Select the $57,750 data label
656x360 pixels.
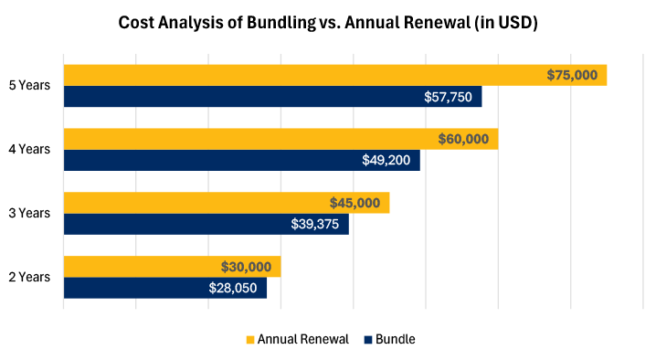click(x=448, y=96)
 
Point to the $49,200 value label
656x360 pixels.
click(x=386, y=160)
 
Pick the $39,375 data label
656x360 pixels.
click(x=315, y=224)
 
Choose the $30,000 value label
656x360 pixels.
click(x=246, y=267)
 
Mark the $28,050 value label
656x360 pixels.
click(x=234, y=288)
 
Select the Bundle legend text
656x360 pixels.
click(x=395, y=339)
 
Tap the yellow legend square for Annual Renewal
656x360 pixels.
click(x=249, y=340)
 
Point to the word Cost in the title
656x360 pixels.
click(x=138, y=24)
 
